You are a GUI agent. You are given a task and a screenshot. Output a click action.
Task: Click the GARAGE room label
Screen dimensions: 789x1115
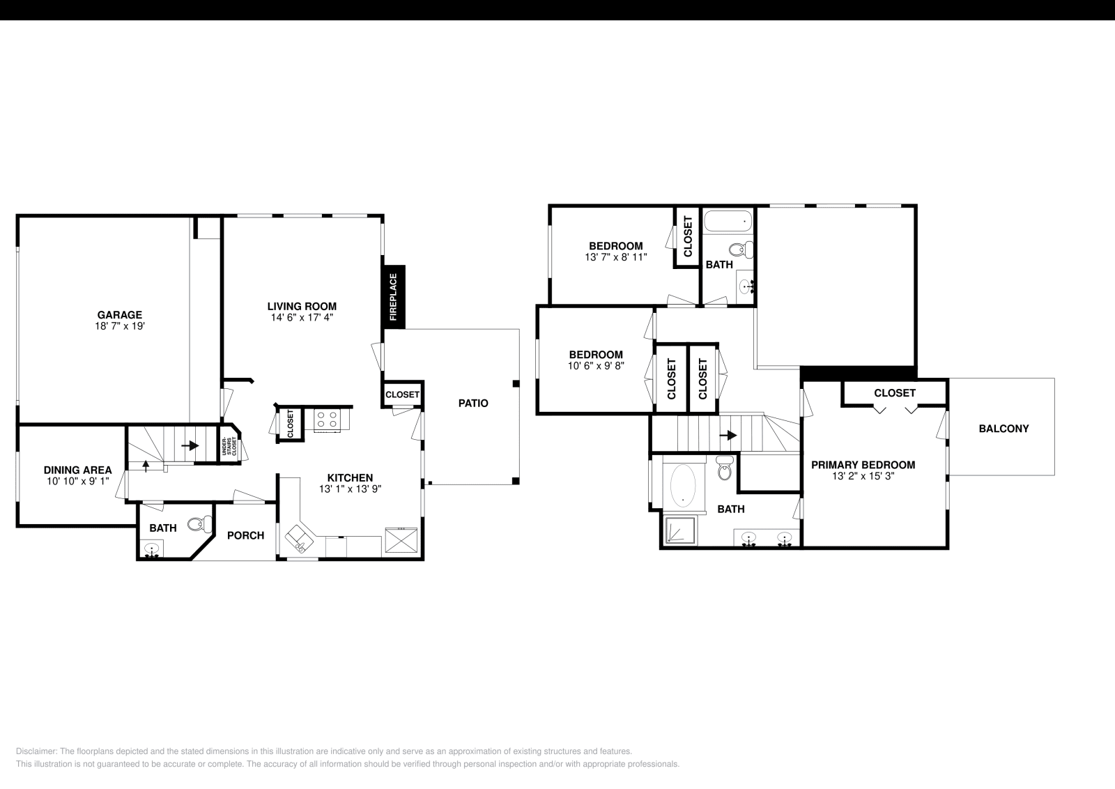pyautogui.click(x=119, y=315)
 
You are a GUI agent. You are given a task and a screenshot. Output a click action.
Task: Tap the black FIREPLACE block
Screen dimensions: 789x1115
pyautogui.click(x=394, y=296)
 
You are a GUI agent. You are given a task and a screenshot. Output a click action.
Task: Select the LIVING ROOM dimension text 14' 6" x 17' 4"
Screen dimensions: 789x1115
pyautogui.click(x=302, y=317)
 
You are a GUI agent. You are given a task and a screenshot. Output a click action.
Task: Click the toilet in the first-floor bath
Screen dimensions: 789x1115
pyautogui.click(x=199, y=523)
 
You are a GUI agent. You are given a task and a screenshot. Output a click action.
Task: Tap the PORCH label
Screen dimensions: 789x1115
pyautogui.click(x=245, y=535)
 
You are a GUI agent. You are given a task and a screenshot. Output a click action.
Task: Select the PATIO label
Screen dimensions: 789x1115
pyautogui.click(x=473, y=403)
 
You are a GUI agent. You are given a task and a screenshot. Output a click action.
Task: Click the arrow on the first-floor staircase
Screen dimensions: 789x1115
pyautogui.click(x=190, y=445)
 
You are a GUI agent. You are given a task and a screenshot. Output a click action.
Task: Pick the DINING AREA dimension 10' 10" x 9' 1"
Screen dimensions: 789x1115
pyautogui.click(x=77, y=480)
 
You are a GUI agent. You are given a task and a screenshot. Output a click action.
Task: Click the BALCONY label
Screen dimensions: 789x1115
pyautogui.click(x=1003, y=429)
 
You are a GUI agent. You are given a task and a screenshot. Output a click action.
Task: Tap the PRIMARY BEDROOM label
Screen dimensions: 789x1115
pyautogui.click(x=863, y=465)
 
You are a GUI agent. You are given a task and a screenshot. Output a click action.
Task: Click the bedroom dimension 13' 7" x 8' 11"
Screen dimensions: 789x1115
pyautogui.click(x=615, y=256)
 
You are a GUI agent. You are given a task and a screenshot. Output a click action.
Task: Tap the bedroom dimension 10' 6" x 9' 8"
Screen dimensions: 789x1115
pyautogui.click(x=595, y=365)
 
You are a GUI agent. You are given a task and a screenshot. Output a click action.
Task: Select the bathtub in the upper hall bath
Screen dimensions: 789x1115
pyautogui.click(x=728, y=222)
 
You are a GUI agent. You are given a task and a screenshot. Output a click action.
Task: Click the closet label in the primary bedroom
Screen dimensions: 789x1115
pyautogui.click(x=894, y=393)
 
